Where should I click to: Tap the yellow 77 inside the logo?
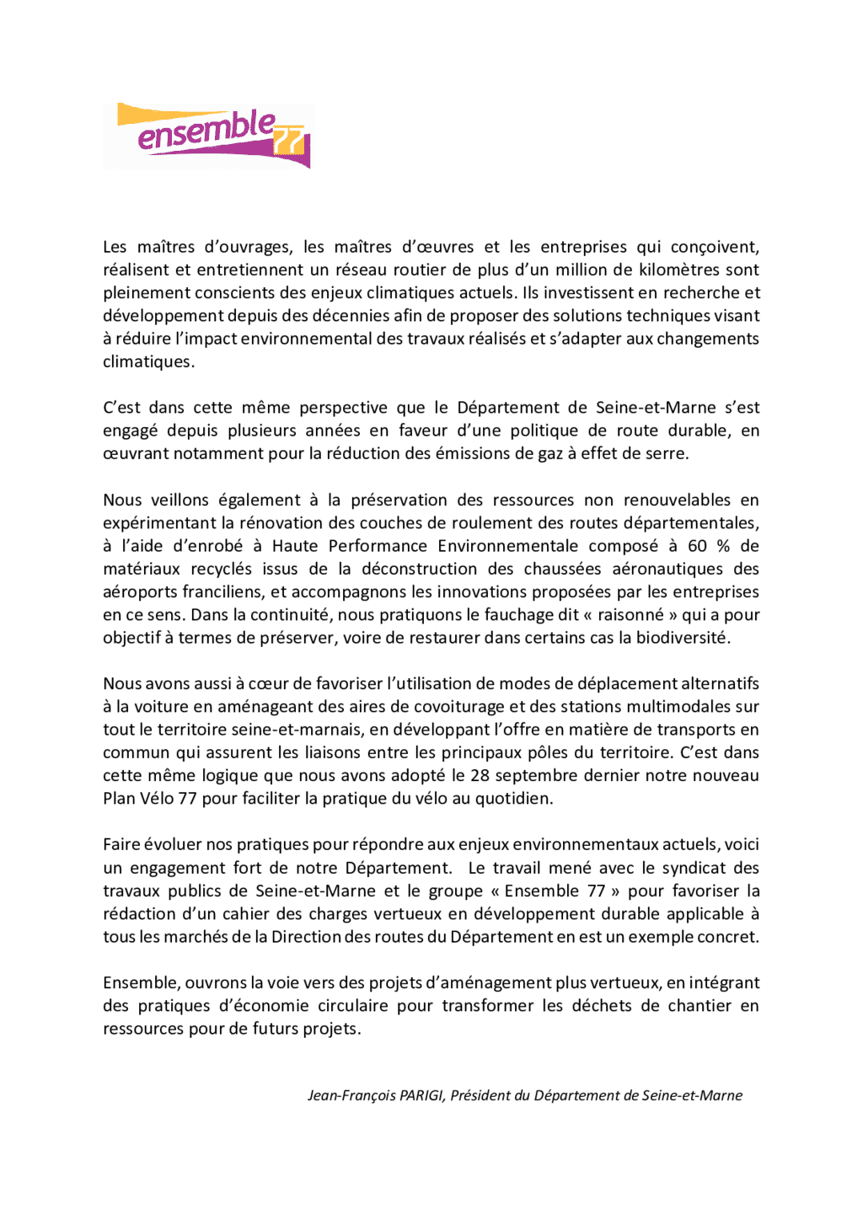(289, 143)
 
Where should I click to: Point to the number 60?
(698, 546)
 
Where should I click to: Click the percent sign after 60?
(723, 546)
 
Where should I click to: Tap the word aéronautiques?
(667, 569)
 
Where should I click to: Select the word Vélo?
(157, 798)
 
